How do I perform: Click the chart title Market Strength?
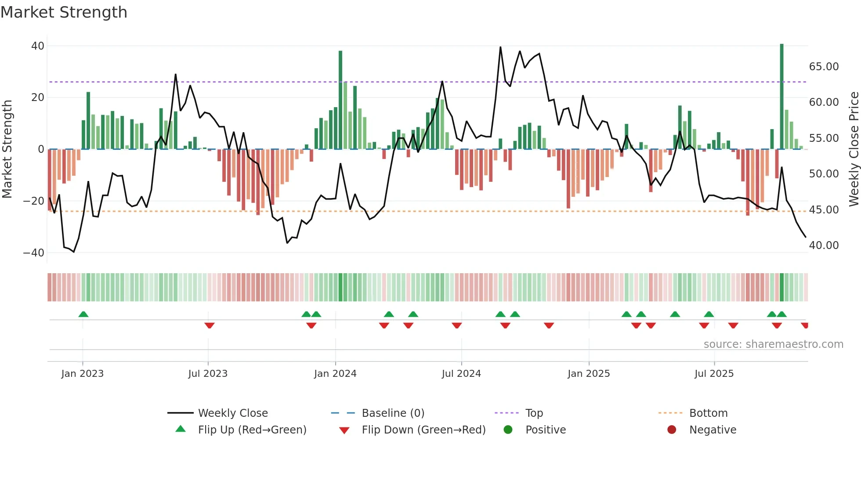tap(64, 12)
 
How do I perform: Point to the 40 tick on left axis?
tap(38, 46)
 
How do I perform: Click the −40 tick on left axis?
tap(34, 253)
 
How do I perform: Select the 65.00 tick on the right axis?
tap(824, 67)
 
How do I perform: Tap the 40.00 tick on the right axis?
tap(824, 246)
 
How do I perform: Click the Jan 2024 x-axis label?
tap(335, 374)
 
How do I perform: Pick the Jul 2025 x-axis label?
tap(714, 374)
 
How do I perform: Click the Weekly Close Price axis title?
tap(854, 149)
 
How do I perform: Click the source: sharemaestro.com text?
tap(773, 344)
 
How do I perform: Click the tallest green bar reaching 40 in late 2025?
tap(781, 97)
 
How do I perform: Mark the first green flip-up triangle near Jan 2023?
tap(83, 314)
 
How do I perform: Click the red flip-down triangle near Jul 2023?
tap(210, 325)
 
